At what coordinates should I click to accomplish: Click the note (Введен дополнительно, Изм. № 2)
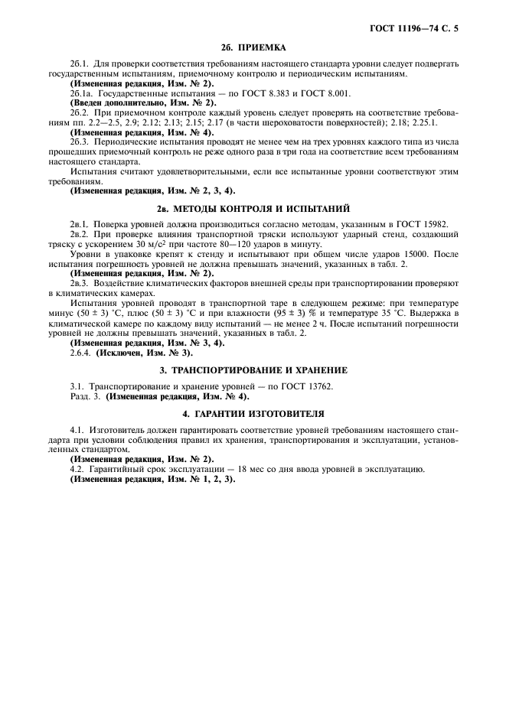pos(143,101)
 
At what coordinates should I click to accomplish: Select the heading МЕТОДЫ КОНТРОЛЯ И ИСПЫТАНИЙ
pos(262,208)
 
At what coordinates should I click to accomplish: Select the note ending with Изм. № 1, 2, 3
pos(152,479)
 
